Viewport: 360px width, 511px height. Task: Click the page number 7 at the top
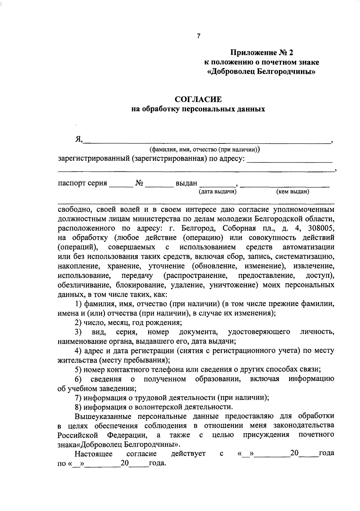tap(198, 36)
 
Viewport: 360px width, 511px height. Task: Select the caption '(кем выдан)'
tap(292, 191)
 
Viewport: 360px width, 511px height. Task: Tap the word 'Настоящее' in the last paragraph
tap(94, 454)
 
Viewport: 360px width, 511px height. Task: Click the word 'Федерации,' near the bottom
tap(127, 435)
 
